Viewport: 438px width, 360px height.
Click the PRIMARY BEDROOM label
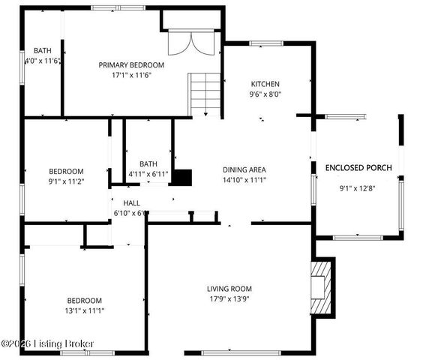tap(131, 65)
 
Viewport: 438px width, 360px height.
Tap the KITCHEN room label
tap(265, 84)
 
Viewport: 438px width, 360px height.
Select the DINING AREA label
tap(244, 169)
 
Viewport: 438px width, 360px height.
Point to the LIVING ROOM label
tap(229, 289)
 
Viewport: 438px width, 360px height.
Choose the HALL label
tap(132, 203)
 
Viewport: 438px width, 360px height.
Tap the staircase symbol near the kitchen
tap(204, 94)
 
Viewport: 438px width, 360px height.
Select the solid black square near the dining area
tap(183, 178)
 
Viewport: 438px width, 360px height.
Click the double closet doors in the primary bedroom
tap(182, 43)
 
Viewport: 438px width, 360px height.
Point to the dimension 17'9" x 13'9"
tap(229, 298)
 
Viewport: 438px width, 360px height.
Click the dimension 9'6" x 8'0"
tap(265, 94)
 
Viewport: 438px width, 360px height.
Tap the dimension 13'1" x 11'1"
tap(84, 310)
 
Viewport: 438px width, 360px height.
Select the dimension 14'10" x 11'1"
tap(244, 180)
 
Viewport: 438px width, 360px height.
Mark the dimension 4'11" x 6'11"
tap(148, 175)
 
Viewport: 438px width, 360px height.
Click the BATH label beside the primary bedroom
tap(42, 51)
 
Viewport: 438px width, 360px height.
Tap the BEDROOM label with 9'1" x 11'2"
tap(66, 171)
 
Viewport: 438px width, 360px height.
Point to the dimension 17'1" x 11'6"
tap(131, 75)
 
